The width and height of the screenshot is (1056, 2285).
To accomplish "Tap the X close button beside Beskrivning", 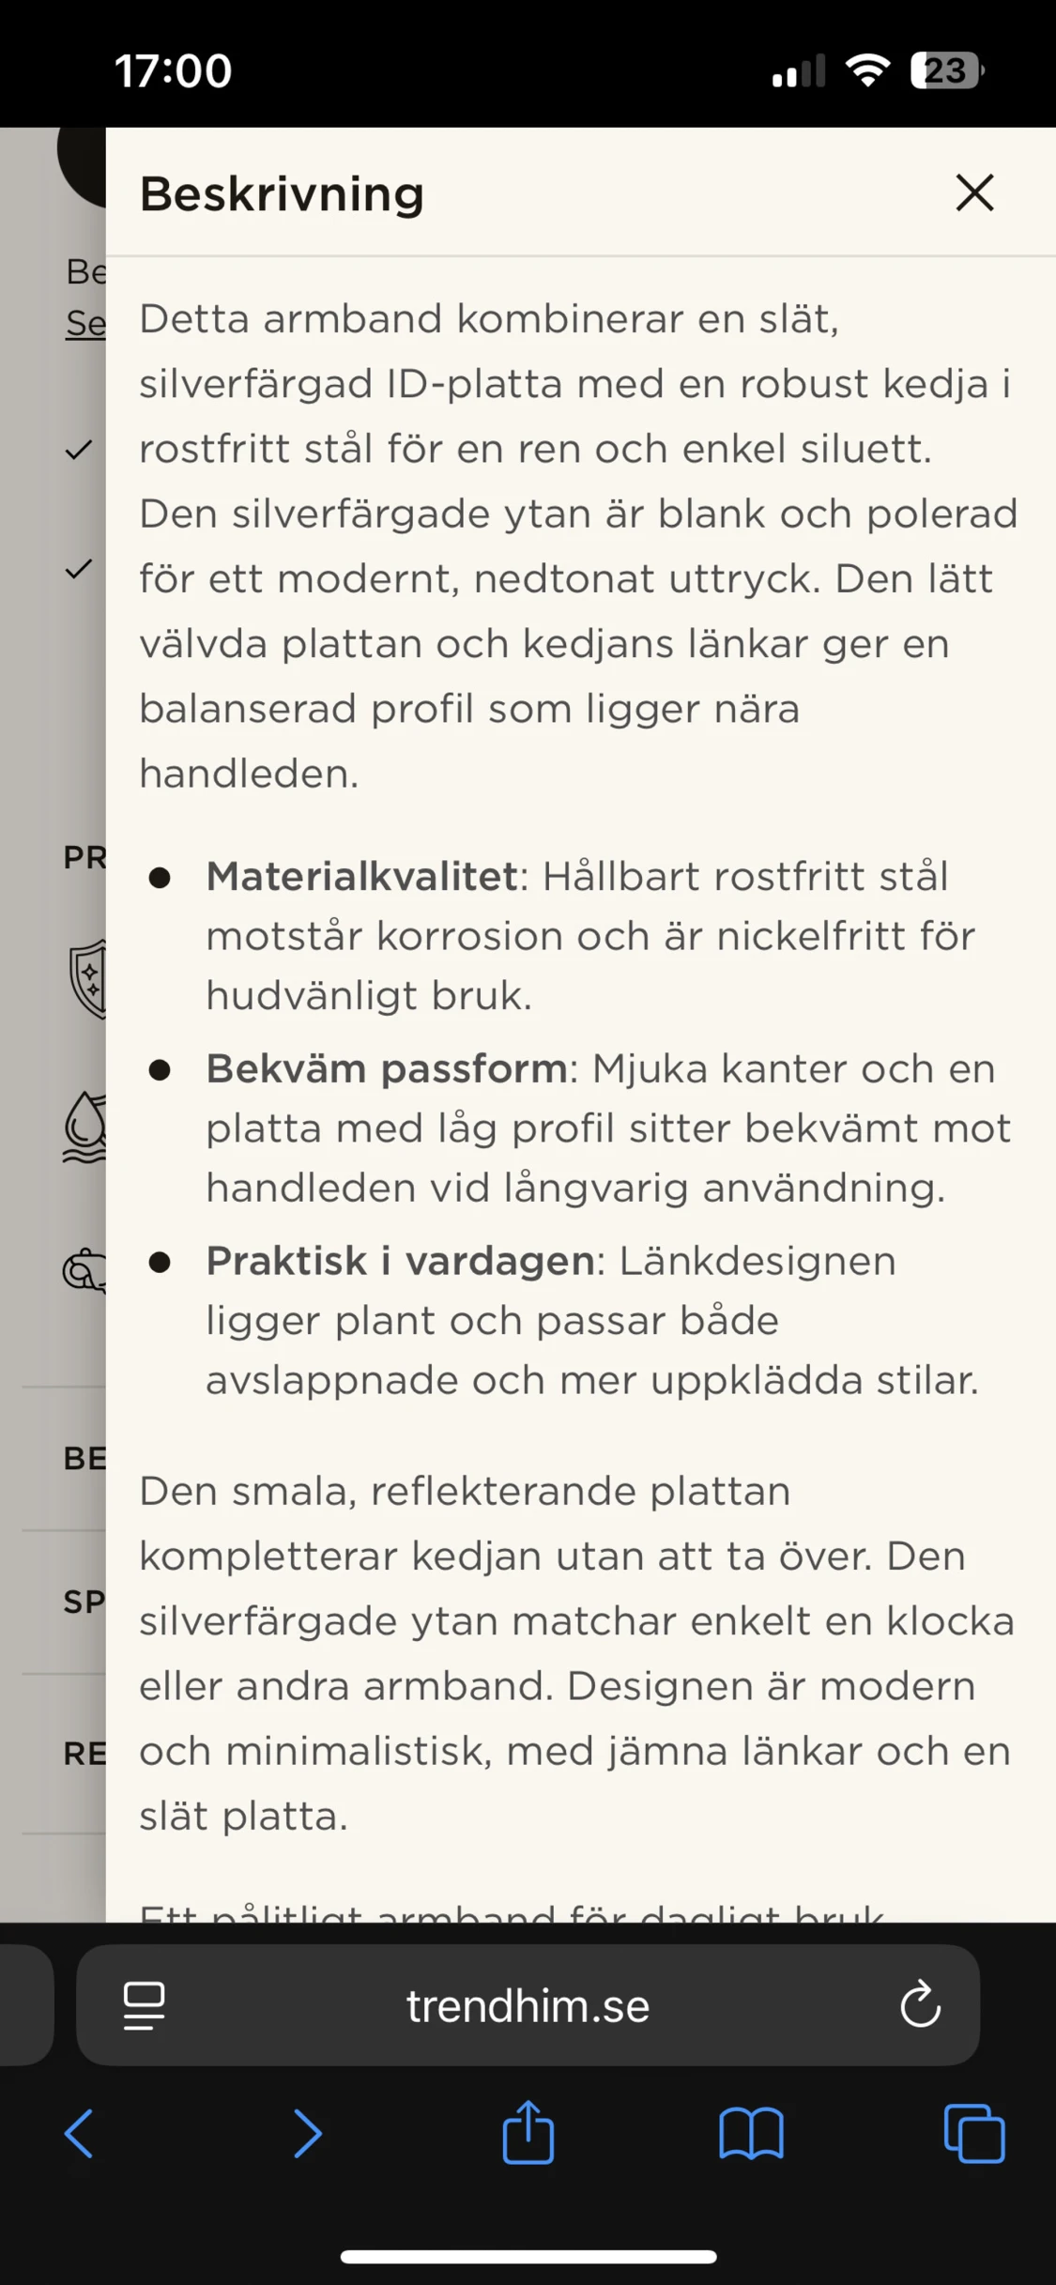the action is click(974, 193).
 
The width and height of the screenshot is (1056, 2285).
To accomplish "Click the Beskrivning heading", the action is click(282, 194).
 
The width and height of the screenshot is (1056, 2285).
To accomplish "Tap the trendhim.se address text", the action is click(528, 2006).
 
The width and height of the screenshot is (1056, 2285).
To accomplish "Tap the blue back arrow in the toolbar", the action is click(79, 2134).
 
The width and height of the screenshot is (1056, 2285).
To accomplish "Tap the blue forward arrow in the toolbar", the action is click(307, 2134).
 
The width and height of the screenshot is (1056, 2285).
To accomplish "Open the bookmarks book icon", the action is click(751, 2134).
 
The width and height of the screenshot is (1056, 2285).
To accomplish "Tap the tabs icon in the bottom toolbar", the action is click(974, 2134).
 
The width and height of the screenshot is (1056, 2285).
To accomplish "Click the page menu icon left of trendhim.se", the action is click(145, 2006).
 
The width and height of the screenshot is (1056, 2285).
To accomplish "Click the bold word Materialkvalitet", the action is click(361, 877).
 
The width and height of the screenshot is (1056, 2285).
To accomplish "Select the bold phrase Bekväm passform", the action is click(386, 1069).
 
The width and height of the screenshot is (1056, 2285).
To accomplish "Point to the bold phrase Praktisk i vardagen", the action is click(400, 1262).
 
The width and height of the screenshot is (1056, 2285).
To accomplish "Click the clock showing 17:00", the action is click(173, 71).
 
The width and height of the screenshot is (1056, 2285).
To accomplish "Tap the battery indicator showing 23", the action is click(945, 70).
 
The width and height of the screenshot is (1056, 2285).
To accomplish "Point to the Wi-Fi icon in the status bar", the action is click(868, 70).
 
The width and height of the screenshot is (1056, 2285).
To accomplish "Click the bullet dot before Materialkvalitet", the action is click(160, 878).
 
